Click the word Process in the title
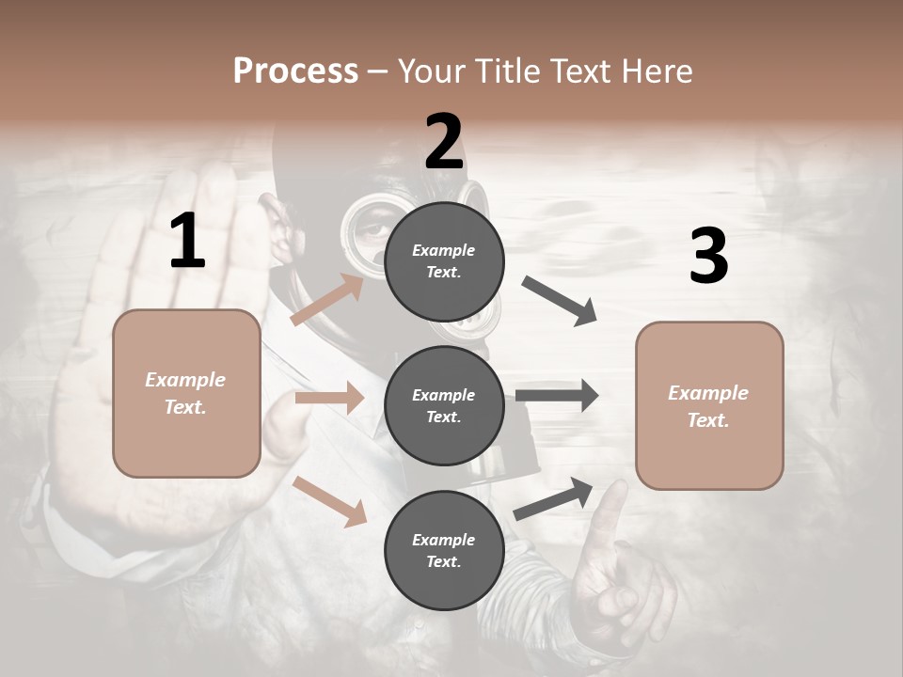coord(295,71)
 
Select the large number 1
coord(187,242)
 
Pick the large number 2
coord(444,142)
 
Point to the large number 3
coord(708,257)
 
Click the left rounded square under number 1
coord(186,393)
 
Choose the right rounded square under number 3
coord(709,405)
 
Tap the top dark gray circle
coord(444,261)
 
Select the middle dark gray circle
coord(444,405)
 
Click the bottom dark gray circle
coord(444,550)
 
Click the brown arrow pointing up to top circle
coord(327,300)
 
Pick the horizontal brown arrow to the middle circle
coord(329,398)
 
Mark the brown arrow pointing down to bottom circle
coord(330,501)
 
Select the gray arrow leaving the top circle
coord(560,301)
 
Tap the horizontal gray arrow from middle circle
coord(557,395)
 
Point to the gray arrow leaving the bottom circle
coord(554,498)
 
